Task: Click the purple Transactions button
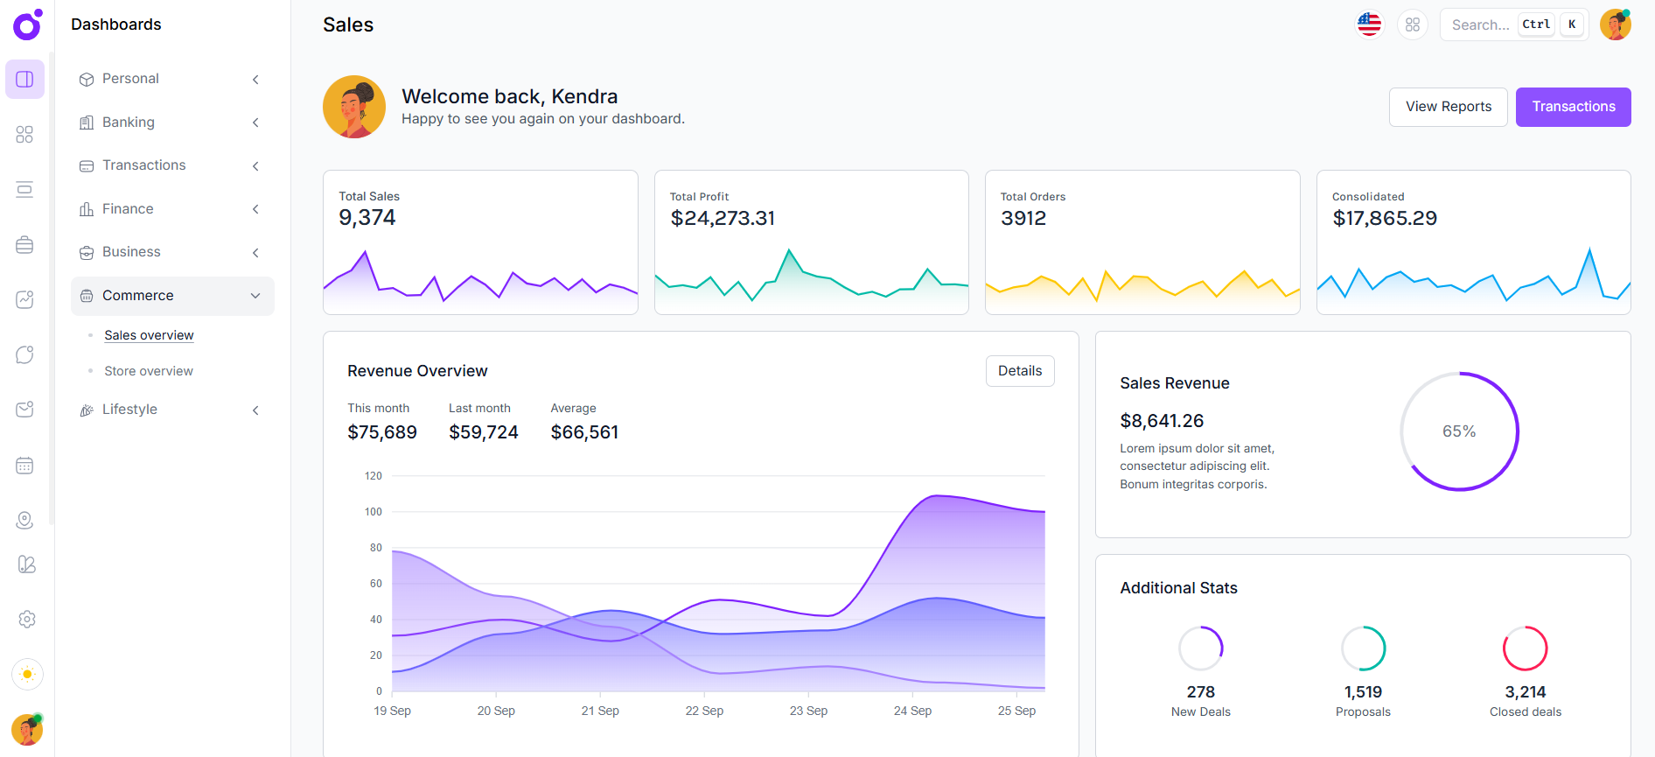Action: [1572, 107]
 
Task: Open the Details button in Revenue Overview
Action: [1019, 371]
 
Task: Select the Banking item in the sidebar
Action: [129, 123]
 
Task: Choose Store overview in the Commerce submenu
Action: [149, 371]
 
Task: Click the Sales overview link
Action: [149, 335]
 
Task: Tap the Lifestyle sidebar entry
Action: [129, 410]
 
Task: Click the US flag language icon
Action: [1369, 25]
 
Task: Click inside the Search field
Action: [1480, 25]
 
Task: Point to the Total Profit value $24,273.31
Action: [723, 218]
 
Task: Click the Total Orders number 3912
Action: [1023, 218]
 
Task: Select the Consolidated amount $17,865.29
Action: [1384, 218]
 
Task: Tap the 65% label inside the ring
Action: [1458, 431]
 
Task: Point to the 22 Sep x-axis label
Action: [704, 711]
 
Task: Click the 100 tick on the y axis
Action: [374, 512]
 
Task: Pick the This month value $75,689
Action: [381, 432]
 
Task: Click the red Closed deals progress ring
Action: [1525, 648]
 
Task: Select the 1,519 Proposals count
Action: [1363, 692]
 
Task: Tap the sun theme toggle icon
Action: [27, 674]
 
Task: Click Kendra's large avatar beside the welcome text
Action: [354, 107]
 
